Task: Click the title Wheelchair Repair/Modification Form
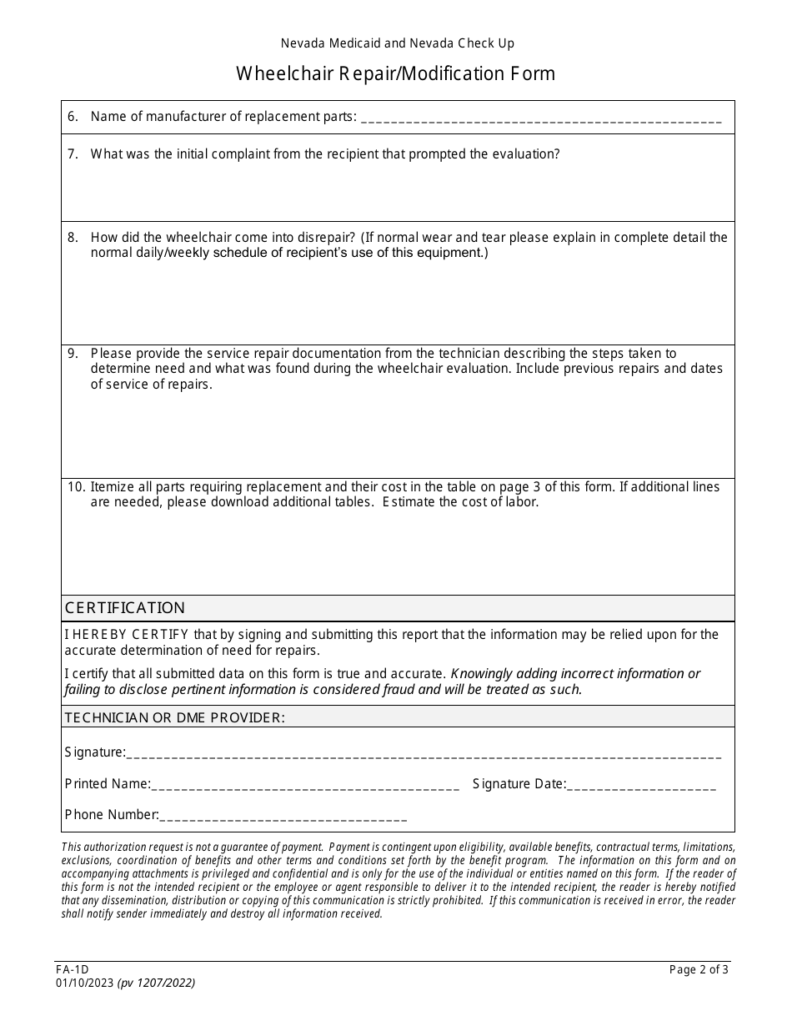tap(396, 73)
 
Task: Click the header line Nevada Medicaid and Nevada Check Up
tap(397, 43)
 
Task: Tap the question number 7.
tap(73, 153)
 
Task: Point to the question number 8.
tap(73, 237)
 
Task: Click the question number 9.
tap(73, 353)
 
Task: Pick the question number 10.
tap(76, 486)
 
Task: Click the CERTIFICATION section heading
tap(125, 607)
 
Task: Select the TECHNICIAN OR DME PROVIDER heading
tap(174, 717)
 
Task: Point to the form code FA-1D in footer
tap(72, 969)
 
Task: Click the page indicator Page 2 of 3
tap(699, 969)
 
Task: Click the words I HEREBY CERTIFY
tap(127, 634)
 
